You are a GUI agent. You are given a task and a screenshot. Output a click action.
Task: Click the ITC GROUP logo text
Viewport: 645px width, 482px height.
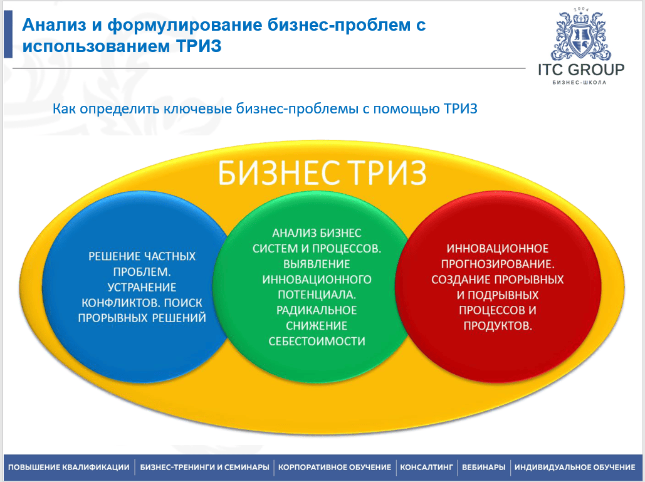(581, 70)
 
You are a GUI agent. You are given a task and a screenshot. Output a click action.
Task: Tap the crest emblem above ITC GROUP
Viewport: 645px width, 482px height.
(581, 35)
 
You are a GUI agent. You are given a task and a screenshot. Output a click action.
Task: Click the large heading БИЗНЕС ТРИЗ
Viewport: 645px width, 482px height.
(322, 173)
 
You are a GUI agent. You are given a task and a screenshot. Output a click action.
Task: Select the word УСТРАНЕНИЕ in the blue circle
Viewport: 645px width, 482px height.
(142, 287)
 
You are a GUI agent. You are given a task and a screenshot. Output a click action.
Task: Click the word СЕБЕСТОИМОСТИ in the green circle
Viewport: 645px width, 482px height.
(317, 342)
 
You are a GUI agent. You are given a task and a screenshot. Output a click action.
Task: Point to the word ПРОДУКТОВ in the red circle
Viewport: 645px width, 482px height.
(498, 326)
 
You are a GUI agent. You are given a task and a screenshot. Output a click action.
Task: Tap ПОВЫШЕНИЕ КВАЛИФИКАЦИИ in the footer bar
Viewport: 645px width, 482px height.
(69, 467)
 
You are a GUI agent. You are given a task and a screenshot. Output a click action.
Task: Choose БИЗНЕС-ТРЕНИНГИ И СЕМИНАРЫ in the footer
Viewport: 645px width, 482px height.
(204, 467)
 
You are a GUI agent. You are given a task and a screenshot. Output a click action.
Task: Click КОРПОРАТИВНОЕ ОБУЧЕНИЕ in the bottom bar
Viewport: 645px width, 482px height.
(335, 467)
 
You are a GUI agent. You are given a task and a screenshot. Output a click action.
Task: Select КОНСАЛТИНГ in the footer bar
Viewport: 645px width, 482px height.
(426, 467)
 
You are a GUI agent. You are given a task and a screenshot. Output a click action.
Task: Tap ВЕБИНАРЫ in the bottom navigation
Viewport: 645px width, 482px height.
(483, 467)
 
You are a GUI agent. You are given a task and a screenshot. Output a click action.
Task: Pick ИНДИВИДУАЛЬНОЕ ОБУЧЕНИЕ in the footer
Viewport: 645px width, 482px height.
(575, 467)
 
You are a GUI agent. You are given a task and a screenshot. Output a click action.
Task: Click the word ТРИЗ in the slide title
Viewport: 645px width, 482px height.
(199, 46)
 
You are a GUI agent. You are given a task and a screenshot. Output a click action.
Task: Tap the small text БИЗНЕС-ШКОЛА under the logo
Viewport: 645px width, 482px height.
(579, 82)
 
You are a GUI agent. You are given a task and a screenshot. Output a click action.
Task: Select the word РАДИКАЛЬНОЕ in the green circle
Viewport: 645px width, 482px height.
(317, 310)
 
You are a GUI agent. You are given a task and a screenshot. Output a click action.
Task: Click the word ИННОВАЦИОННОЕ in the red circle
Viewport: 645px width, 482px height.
(498, 249)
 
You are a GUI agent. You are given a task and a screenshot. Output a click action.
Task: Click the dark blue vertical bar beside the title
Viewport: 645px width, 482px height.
(8, 34)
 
